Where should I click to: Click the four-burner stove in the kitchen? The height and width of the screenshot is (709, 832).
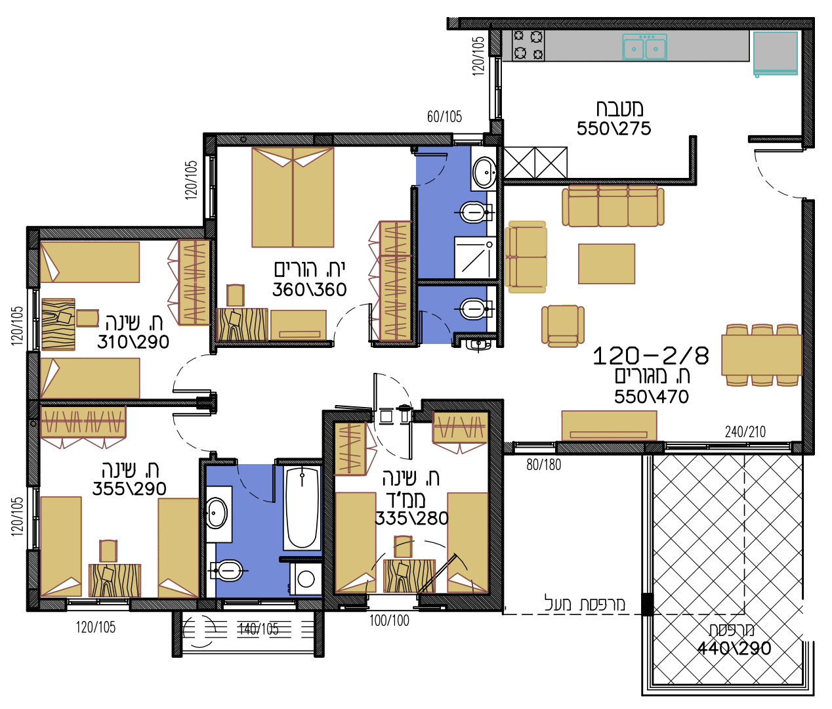[528, 45]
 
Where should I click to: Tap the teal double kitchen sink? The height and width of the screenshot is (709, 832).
[644, 47]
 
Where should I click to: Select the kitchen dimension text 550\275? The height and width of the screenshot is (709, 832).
[614, 129]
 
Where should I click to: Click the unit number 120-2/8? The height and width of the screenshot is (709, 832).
[651, 356]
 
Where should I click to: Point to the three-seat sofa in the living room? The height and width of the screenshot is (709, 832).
[613, 206]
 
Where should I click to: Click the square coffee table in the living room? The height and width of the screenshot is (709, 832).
[606, 264]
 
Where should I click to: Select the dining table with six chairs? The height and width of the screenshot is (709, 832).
[762, 355]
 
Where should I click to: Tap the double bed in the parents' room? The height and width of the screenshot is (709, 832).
[293, 198]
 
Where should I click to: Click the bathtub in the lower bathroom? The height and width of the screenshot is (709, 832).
[302, 508]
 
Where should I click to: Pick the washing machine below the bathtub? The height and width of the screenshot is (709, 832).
[306, 579]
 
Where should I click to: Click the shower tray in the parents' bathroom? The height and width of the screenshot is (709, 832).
[475, 257]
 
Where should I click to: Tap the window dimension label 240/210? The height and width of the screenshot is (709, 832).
[745, 432]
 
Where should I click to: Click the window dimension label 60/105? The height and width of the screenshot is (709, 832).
[444, 117]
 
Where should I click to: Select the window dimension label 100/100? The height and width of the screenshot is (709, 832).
[389, 621]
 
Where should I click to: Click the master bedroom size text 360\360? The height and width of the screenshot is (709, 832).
[309, 290]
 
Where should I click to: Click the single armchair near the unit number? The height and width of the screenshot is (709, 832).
[563, 326]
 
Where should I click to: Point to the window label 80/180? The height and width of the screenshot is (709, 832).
[543, 465]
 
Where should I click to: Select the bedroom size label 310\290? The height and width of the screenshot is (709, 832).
[133, 342]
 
